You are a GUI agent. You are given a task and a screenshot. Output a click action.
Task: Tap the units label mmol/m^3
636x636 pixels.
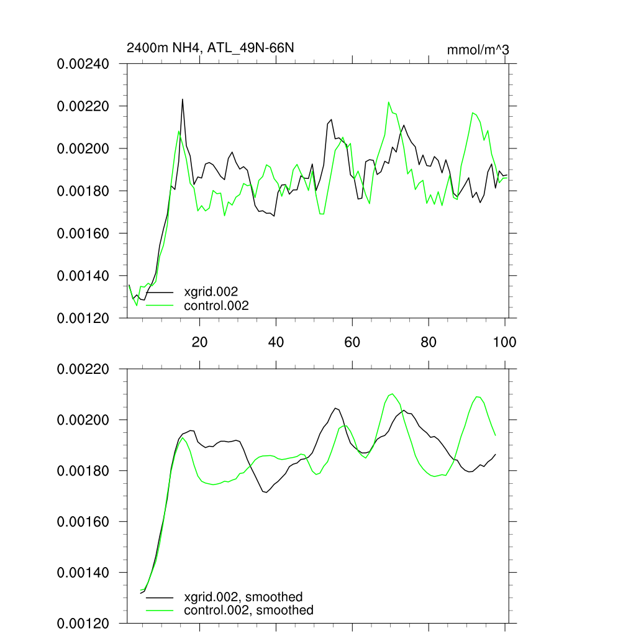pyautogui.click(x=478, y=50)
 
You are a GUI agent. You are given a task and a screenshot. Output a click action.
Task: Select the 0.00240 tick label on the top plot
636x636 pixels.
pyautogui.click(x=83, y=64)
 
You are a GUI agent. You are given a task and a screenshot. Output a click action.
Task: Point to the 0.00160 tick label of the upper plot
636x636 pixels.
pyautogui.click(x=83, y=234)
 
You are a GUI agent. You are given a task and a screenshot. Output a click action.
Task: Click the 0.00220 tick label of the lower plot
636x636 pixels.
pyautogui.click(x=83, y=370)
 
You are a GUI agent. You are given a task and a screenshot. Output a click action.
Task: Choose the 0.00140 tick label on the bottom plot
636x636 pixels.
pyautogui.click(x=83, y=573)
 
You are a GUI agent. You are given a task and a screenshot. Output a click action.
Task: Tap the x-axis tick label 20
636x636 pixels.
pyautogui.click(x=199, y=342)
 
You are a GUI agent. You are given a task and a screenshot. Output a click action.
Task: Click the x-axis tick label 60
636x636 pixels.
pyautogui.click(x=352, y=342)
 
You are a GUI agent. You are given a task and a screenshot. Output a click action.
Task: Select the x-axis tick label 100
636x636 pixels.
pyautogui.click(x=504, y=342)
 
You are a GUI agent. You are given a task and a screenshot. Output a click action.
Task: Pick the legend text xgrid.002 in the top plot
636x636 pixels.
pyautogui.click(x=211, y=291)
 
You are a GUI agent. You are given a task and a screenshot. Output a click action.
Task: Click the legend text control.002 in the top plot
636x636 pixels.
pyautogui.click(x=216, y=306)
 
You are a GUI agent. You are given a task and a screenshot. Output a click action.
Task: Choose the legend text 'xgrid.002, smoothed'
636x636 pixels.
pyautogui.click(x=243, y=597)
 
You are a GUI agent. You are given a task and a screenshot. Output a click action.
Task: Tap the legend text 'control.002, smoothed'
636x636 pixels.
pyautogui.click(x=248, y=611)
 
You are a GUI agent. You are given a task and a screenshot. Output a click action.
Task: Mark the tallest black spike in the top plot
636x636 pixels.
pyautogui.click(x=183, y=99)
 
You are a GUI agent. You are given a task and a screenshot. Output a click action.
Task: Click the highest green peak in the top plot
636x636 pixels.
pyautogui.click(x=389, y=102)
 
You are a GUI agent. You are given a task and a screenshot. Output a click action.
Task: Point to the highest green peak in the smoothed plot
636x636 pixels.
pyautogui.click(x=392, y=394)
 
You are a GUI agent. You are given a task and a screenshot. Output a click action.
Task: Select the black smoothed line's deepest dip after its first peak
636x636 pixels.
pyautogui.click(x=266, y=493)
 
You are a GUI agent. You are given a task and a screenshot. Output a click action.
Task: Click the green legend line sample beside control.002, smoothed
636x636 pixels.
pyautogui.click(x=160, y=611)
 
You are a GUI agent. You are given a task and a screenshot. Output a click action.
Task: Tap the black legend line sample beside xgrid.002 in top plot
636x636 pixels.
pyautogui.click(x=160, y=291)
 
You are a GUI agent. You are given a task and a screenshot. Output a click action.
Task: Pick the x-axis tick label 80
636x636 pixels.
pyautogui.click(x=428, y=342)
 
